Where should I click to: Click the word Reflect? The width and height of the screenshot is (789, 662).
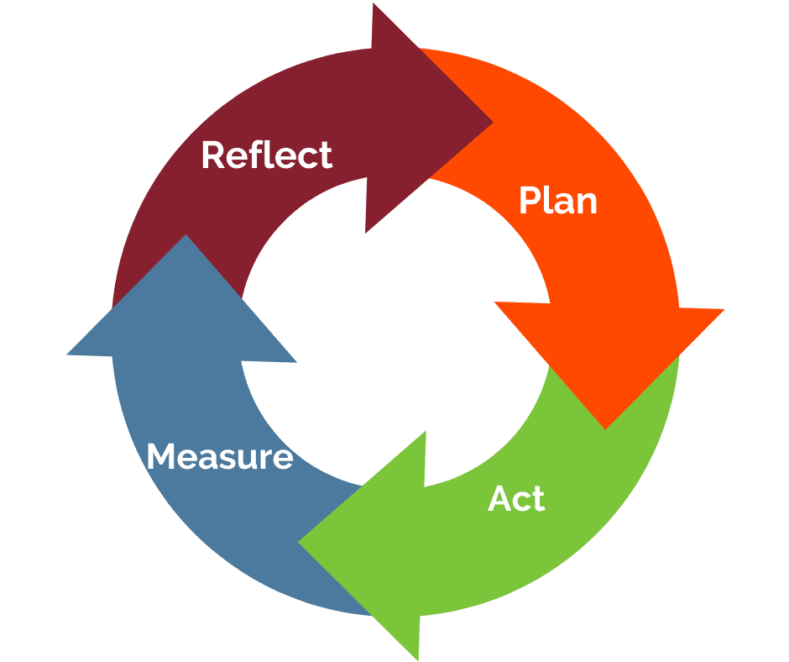[x=267, y=156]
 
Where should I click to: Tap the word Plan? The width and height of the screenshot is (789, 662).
[x=557, y=201]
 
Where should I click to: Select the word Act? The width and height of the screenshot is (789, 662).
[x=516, y=499]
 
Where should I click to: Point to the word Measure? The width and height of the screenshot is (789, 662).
[x=220, y=457]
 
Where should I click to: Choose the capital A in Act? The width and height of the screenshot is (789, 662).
[x=500, y=499]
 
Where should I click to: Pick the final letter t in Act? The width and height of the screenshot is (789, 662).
[x=537, y=499]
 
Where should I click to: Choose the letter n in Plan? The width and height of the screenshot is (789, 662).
[x=586, y=203]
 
